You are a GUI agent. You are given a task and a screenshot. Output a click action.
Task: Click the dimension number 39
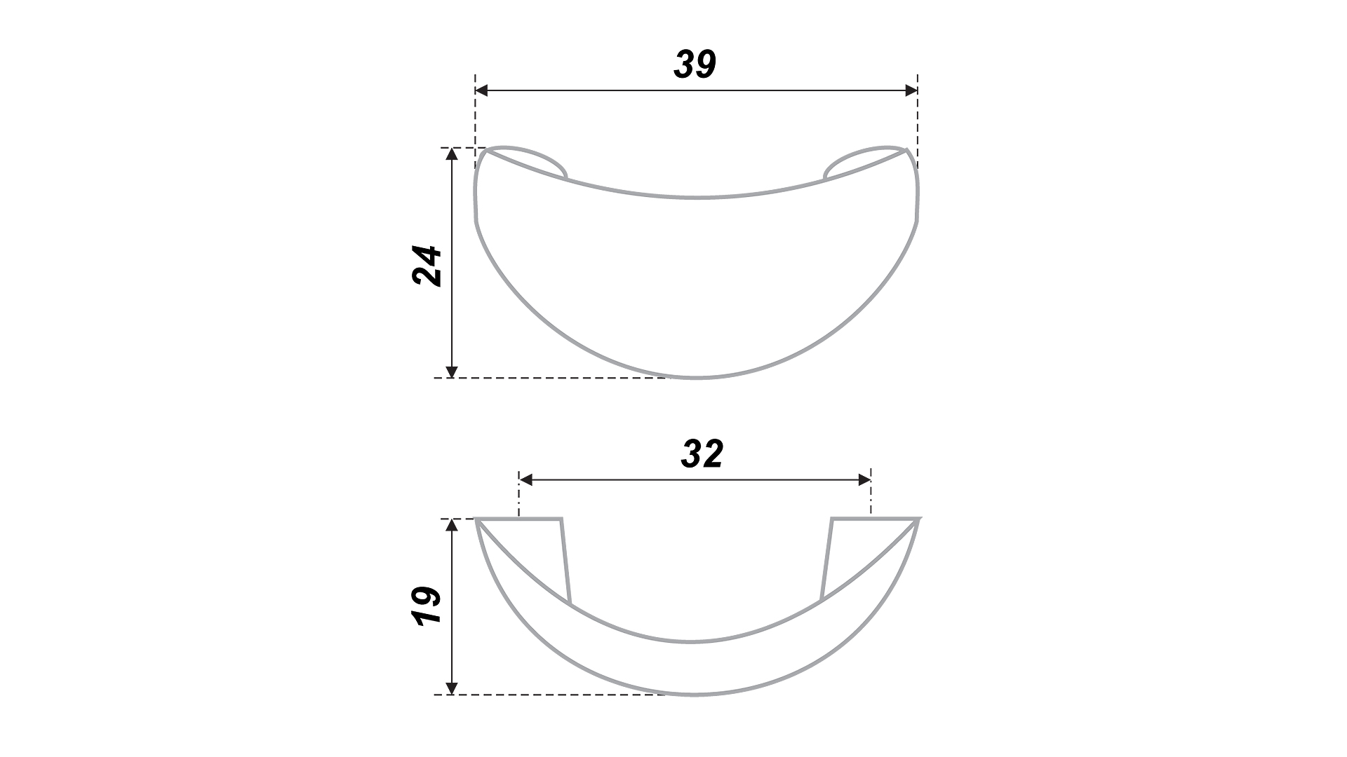[695, 64]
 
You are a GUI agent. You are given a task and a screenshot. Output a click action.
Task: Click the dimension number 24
[427, 266]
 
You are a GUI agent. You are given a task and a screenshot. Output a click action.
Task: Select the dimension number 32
[702, 454]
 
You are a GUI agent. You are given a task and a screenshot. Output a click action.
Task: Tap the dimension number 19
[427, 606]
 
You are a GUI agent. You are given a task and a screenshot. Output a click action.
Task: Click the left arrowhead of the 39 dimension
[481, 90]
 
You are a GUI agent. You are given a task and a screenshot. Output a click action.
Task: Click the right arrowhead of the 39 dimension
[911, 90]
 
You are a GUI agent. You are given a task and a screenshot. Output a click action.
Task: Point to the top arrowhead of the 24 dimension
[452, 154]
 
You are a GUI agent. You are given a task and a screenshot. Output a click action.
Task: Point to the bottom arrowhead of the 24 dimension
[452, 371]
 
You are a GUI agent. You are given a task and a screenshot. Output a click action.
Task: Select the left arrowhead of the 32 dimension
[525, 480]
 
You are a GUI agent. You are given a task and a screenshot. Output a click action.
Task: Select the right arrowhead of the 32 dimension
[864, 480]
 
